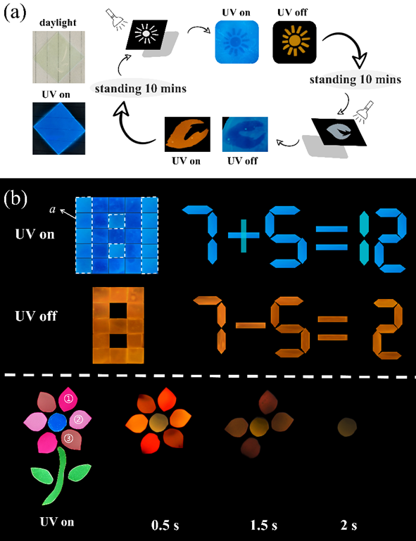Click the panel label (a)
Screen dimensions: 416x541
pos(15,13)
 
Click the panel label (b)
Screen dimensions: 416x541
pos(15,200)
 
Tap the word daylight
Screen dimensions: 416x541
pos(58,23)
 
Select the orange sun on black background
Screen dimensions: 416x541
pos(294,42)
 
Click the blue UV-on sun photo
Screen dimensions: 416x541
pos(237,42)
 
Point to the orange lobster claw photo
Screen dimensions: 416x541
pos(187,134)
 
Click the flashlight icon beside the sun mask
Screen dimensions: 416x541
pos(114,19)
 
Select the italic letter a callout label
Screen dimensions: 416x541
pos(53,209)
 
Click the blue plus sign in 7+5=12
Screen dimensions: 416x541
pos(244,235)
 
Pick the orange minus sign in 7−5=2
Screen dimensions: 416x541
pos(251,325)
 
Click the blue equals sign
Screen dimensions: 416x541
pos(332,238)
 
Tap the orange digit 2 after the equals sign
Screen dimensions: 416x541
pos(388,329)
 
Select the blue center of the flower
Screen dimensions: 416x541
pos(57,422)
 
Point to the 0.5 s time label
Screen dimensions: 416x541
pos(165,525)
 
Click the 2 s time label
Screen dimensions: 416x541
pos(348,525)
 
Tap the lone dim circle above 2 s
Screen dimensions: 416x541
pos(347,427)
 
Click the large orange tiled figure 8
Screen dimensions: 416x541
pos(118,325)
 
